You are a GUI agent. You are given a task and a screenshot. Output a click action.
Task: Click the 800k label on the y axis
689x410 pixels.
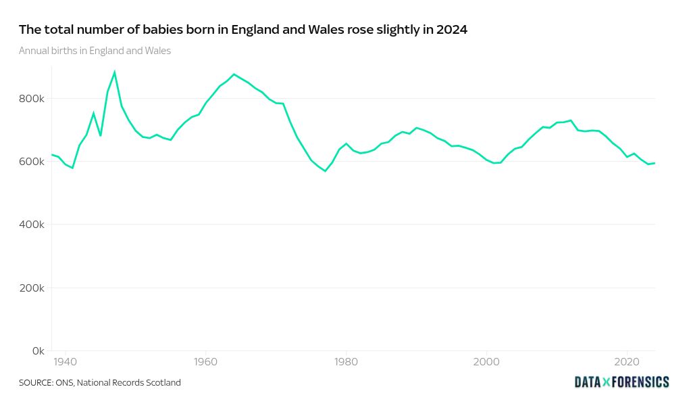pyautogui.click(x=32, y=99)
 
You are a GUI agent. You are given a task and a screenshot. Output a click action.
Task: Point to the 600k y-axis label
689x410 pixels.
pyautogui.click(x=32, y=162)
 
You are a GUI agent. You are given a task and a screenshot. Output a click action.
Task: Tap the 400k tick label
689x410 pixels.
pyautogui.click(x=32, y=225)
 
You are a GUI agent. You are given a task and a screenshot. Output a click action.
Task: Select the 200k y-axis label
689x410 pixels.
pyautogui.click(x=32, y=288)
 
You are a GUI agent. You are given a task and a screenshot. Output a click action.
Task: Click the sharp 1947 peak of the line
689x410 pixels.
pyautogui.click(x=115, y=72)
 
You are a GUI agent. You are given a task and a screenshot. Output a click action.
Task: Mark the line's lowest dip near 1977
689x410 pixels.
pyautogui.click(x=325, y=171)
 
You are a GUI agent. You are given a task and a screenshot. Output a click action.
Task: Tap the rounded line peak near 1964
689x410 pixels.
pyautogui.click(x=234, y=74)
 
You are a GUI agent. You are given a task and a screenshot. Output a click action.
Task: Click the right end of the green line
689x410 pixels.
pyautogui.click(x=655, y=163)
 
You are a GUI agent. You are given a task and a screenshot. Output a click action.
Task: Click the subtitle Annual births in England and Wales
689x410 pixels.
pyautogui.click(x=95, y=51)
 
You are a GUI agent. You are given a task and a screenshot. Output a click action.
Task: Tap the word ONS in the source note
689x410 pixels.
pyautogui.click(x=64, y=383)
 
